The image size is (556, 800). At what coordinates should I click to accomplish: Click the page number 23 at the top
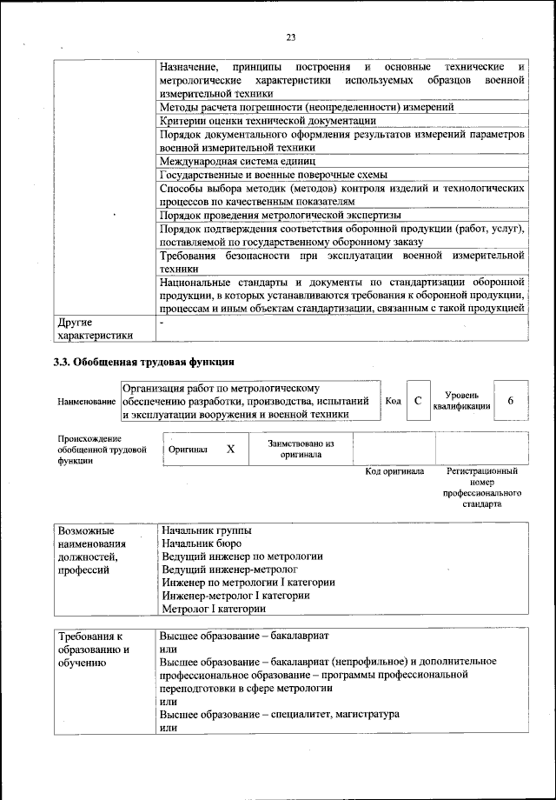pyautogui.click(x=290, y=36)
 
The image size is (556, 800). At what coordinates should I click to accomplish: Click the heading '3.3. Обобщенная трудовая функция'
pyautogui.click(x=143, y=361)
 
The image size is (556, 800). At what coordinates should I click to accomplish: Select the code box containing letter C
pyautogui.click(x=418, y=400)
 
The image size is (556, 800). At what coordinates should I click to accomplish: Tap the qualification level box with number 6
pyautogui.click(x=511, y=400)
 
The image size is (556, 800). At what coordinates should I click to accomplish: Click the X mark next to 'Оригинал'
pyautogui.click(x=230, y=450)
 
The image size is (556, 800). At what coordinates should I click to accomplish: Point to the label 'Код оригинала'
pyautogui.click(x=394, y=471)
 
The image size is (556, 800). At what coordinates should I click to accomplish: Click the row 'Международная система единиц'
pyautogui.click(x=236, y=161)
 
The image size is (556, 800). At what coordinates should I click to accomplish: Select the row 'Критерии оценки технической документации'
pyautogui.click(x=268, y=121)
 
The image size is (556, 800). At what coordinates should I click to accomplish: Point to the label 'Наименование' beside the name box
pyautogui.click(x=87, y=401)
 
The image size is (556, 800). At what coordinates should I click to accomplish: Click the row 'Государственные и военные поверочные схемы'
pyautogui.click(x=273, y=174)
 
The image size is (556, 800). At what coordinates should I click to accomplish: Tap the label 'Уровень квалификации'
pyautogui.click(x=461, y=400)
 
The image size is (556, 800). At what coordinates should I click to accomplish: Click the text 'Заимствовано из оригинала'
pyautogui.click(x=301, y=449)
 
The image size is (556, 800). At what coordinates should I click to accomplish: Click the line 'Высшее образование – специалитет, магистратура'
pyautogui.click(x=280, y=714)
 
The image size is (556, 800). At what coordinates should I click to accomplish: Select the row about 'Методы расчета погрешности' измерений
pyautogui.click(x=306, y=107)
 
